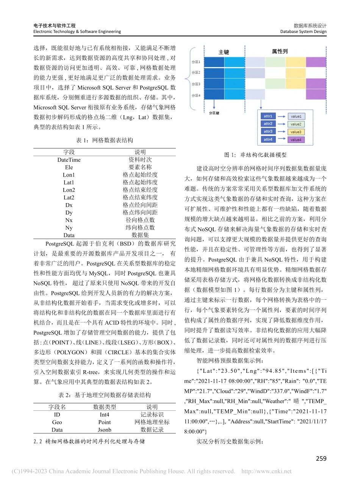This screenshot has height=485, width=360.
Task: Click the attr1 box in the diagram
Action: click(x=268, y=116)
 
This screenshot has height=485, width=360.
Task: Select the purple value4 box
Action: click(x=296, y=139)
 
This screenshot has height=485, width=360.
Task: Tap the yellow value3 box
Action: click(x=296, y=131)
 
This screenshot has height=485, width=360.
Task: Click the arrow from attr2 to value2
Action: click(x=282, y=124)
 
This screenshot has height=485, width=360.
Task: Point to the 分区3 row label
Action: click(x=196, y=84)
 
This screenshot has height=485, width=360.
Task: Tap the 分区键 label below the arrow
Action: click(x=214, y=113)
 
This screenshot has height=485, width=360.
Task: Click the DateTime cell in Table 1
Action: click(x=69, y=160)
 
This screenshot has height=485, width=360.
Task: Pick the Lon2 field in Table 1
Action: click(x=69, y=190)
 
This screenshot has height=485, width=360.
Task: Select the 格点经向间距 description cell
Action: click(x=140, y=205)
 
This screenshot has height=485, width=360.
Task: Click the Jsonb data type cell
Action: click(x=105, y=430)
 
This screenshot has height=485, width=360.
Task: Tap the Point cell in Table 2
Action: click(x=105, y=422)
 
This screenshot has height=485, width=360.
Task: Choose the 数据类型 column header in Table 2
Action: click(x=105, y=407)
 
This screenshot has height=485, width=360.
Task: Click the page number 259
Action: click(x=321, y=459)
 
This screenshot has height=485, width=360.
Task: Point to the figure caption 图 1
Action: click(x=255, y=155)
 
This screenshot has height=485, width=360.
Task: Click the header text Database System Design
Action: click(x=303, y=32)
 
